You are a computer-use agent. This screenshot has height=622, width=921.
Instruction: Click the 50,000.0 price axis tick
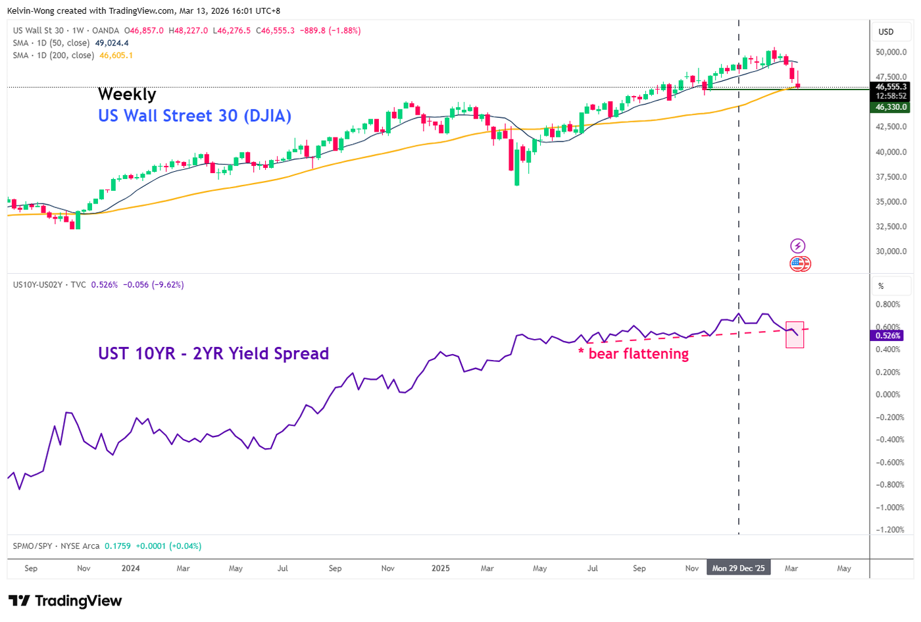click(x=891, y=52)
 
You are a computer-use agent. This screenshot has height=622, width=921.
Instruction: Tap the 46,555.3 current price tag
click(x=891, y=87)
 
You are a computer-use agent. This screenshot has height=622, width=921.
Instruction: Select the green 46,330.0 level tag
click(x=891, y=107)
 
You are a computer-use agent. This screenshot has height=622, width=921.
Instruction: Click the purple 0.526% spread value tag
click(x=887, y=335)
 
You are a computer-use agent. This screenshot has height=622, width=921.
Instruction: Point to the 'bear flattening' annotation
click(x=638, y=353)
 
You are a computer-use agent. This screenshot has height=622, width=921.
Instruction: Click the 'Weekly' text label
click(x=127, y=94)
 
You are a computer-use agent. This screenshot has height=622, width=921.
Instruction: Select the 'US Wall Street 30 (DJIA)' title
click(x=195, y=116)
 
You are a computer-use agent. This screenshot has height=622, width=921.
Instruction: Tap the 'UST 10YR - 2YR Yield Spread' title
click(x=213, y=353)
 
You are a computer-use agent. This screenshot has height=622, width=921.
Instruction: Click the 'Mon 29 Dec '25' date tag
click(x=738, y=568)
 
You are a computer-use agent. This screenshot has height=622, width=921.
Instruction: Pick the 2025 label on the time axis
click(x=440, y=568)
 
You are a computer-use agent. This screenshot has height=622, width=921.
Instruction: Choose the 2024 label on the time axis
click(x=130, y=568)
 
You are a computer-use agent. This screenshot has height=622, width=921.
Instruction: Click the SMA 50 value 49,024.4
click(x=112, y=43)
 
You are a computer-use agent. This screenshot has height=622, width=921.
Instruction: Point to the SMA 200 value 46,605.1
click(x=116, y=55)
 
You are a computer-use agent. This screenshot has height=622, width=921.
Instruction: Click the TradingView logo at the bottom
click(x=65, y=601)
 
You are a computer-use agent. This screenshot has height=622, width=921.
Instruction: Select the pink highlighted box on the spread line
click(x=795, y=334)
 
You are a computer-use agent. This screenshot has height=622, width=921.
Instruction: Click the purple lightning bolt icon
click(x=797, y=246)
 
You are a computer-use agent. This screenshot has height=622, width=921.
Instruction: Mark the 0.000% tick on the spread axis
click(x=888, y=394)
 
